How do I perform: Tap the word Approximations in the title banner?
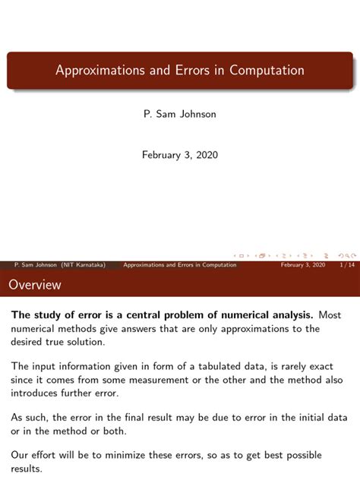click(95, 71)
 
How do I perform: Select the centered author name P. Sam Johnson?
click(180, 115)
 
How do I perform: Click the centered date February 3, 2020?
click(180, 155)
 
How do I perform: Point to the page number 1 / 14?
click(346, 265)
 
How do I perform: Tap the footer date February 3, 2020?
click(303, 265)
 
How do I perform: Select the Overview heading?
click(35, 286)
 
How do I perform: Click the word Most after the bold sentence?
click(330, 315)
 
